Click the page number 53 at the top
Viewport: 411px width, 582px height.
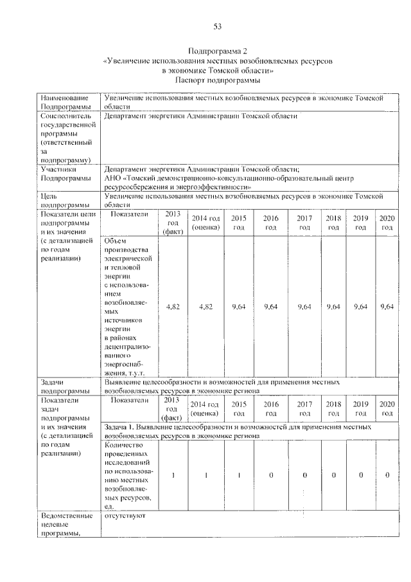[x=217, y=26]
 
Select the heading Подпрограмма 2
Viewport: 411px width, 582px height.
[x=217, y=50]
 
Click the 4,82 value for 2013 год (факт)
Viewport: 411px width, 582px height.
[x=173, y=307]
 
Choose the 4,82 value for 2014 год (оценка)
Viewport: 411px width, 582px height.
[x=205, y=307]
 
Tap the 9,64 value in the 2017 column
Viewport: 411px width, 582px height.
[x=304, y=307]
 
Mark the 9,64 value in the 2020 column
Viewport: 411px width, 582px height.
[x=387, y=307]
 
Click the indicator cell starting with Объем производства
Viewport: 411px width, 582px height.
[x=127, y=305]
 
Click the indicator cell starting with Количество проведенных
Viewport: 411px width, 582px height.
[x=127, y=475]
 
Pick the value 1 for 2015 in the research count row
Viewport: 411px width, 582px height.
[x=238, y=475]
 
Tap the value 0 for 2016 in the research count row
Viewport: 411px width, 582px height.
[x=271, y=475]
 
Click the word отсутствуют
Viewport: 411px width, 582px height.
[x=125, y=515]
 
